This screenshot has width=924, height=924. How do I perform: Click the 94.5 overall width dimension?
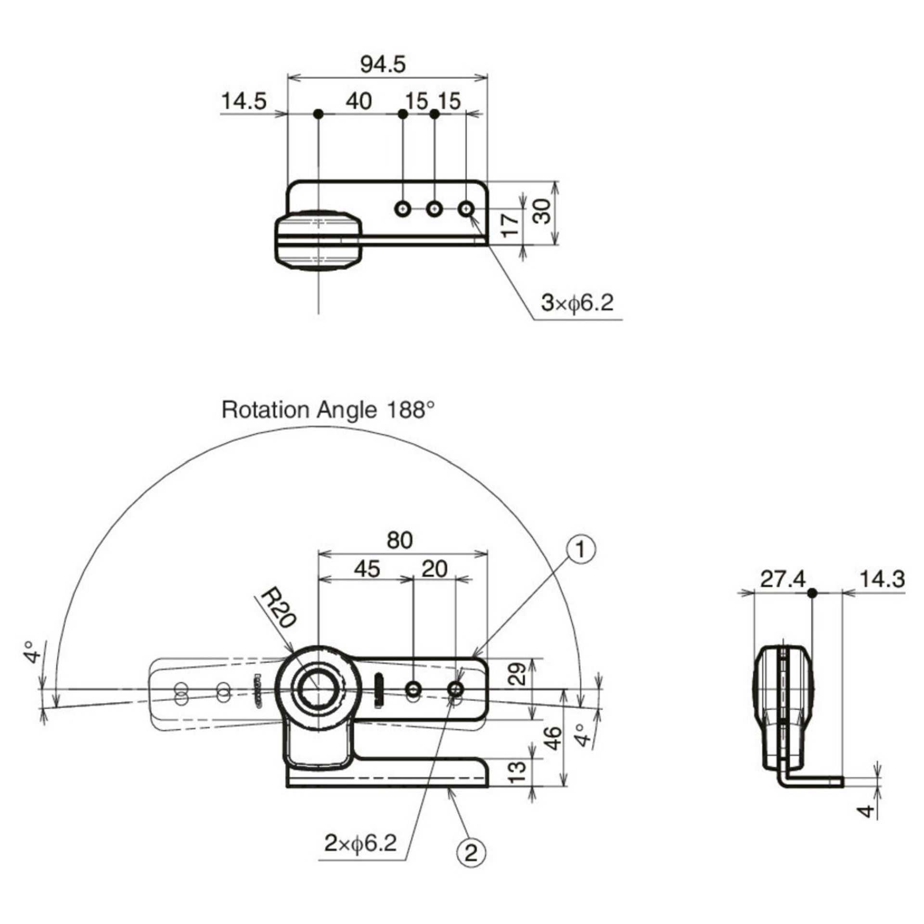coord(383,64)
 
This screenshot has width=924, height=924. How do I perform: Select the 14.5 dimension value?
coord(244,102)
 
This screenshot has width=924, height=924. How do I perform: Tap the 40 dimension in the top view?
coord(359,102)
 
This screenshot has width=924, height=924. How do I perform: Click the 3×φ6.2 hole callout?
coord(577,303)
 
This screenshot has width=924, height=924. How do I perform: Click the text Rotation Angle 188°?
coord(328,410)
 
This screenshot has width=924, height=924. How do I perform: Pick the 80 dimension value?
coord(400,541)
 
